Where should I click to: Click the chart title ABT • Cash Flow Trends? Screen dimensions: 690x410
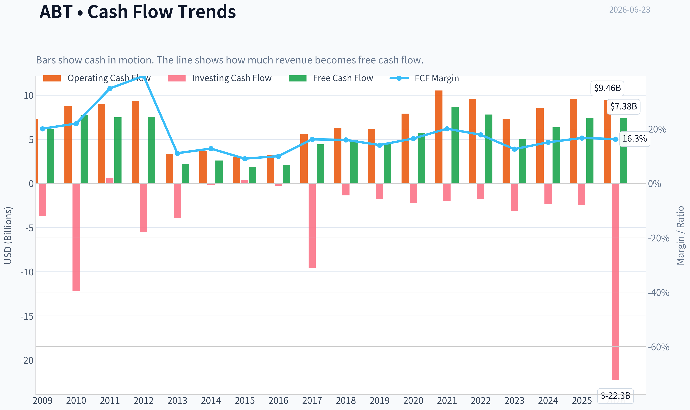point(138,12)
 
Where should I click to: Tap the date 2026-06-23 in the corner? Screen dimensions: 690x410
point(630,10)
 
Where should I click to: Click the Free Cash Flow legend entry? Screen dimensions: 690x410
point(331,78)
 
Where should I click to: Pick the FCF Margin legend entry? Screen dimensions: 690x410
point(424,78)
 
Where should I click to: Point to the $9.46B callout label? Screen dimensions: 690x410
point(607,88)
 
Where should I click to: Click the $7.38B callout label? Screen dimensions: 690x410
point(623,106)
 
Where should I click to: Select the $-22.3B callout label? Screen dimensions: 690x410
point(615,396)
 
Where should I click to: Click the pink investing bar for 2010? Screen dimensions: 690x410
point(76,237)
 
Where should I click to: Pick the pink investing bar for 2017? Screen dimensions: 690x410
point(312,226)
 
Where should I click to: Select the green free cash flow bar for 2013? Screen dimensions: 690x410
point(185,174)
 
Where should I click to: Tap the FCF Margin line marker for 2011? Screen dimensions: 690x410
point(110,88)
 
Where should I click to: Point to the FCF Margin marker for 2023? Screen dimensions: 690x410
point(514,149)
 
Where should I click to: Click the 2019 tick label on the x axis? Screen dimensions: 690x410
point(379,401)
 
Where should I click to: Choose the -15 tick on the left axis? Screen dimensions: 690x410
point(27,316)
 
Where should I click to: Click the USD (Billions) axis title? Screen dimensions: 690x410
point(8,235)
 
